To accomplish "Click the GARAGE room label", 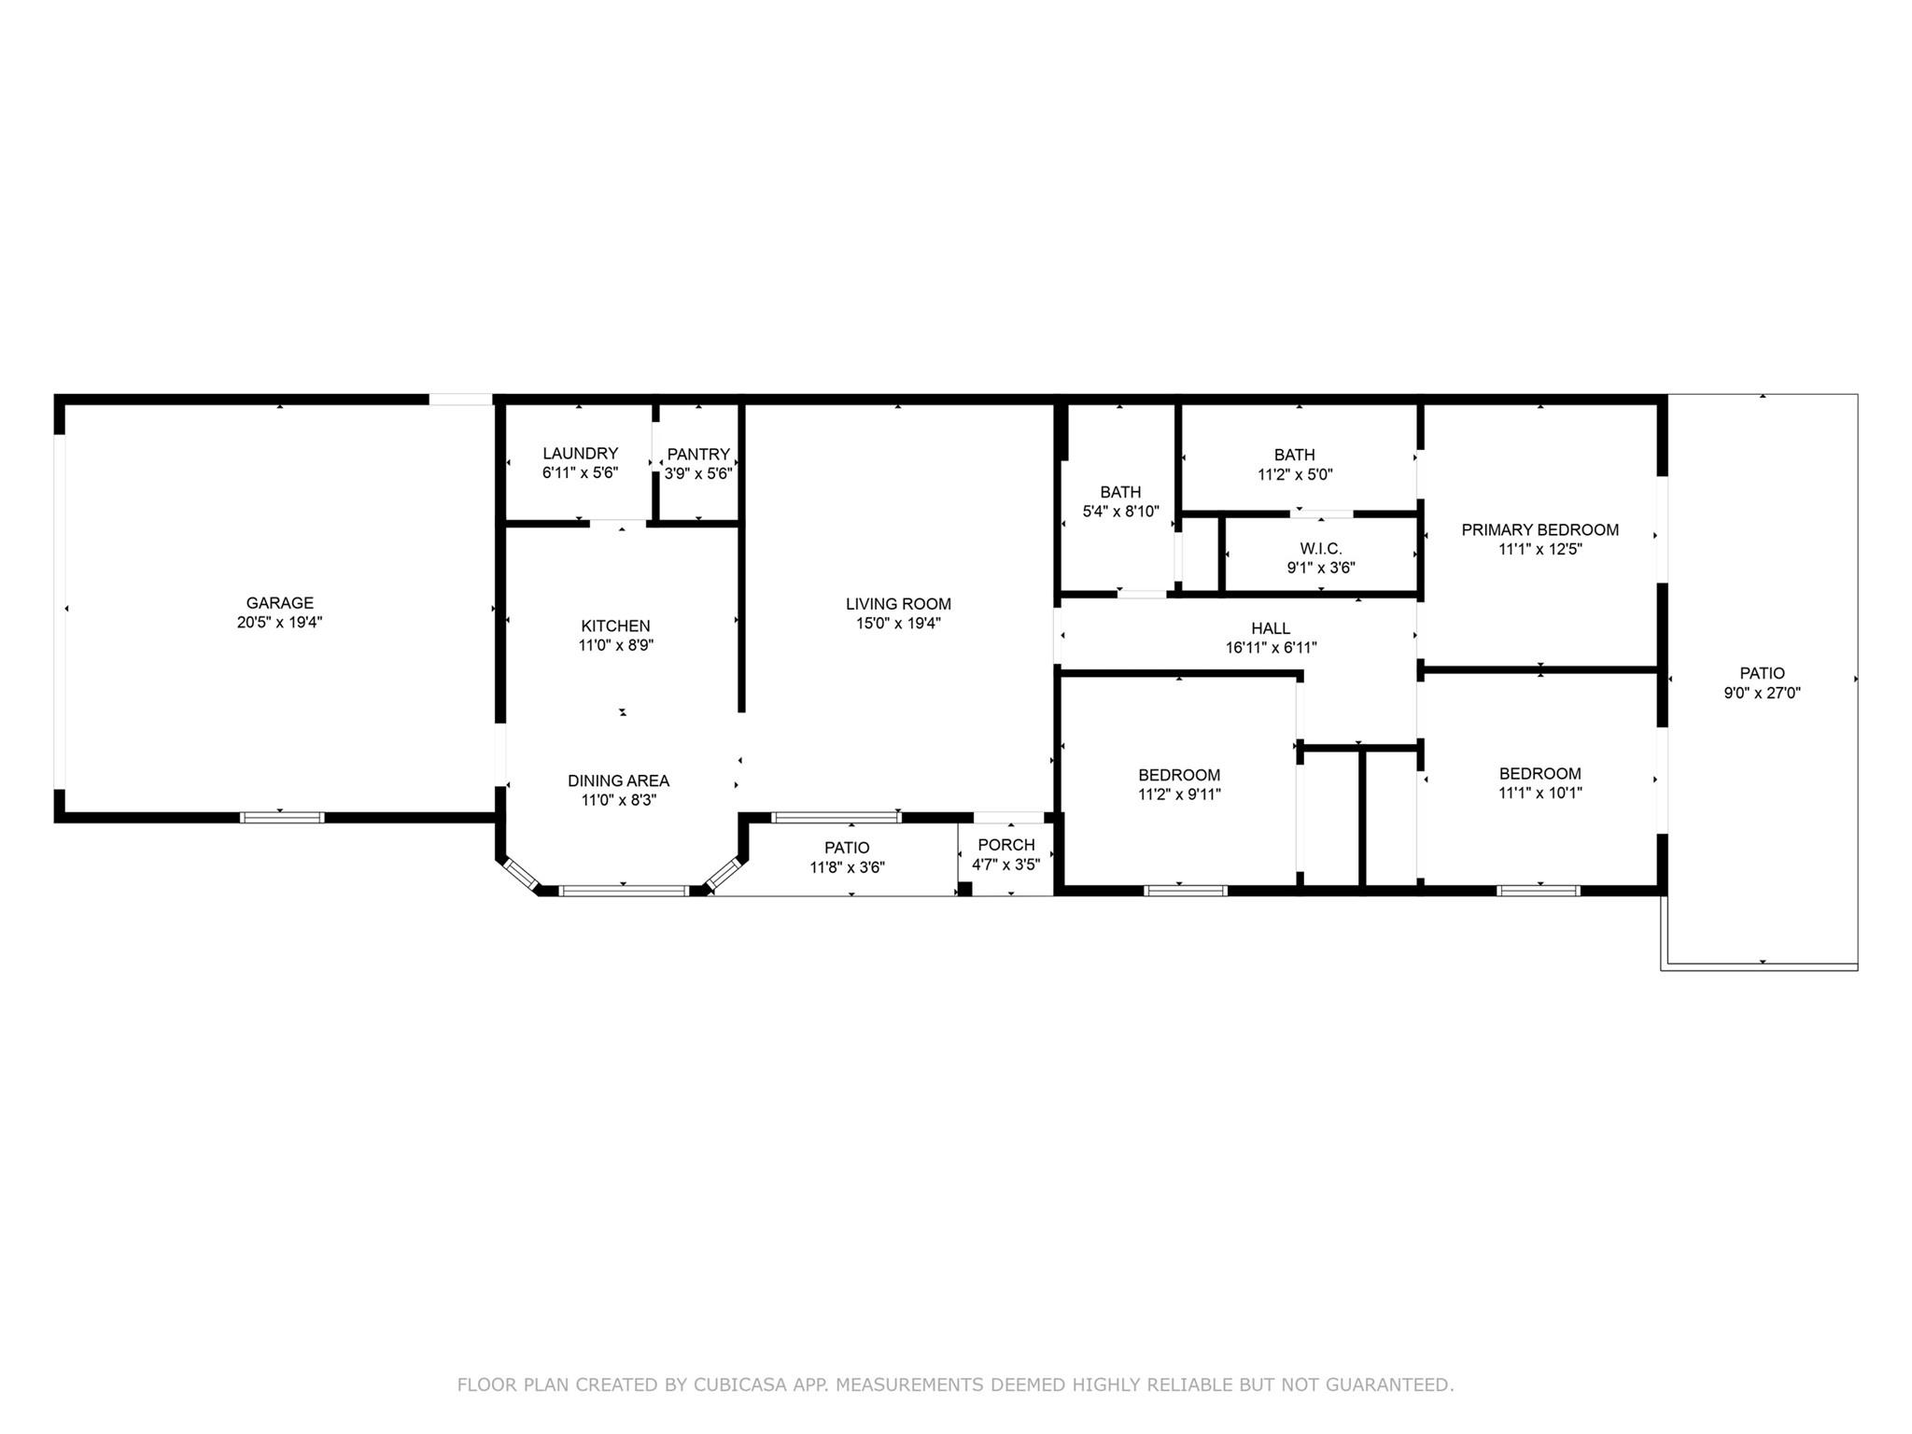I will click(279, 603).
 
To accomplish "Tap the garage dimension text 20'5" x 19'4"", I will click(279, 623).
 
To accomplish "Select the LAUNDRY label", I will click(580, 454).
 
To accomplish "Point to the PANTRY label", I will click(698, 455).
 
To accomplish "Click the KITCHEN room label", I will click(615, 626).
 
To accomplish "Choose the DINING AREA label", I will click(618, 780).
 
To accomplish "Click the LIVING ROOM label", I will click(898, 604).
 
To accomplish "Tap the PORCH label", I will click(1005, 845).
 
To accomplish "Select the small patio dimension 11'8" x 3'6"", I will click(847, 867).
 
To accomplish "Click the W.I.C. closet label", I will click(1320, 549).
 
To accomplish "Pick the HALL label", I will click(1271, 628).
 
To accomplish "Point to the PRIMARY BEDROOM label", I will click(1539, 529).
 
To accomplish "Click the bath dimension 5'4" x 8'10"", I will click(1119, 512).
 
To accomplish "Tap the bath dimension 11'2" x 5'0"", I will click(1294, 474).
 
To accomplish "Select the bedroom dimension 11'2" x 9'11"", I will click(1178, 794).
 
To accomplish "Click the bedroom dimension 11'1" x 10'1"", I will click(1539, 794).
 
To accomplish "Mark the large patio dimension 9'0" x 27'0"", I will click(1762, 693).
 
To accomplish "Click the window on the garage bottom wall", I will click(282, 818).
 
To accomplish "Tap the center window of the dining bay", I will click(624, 891).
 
